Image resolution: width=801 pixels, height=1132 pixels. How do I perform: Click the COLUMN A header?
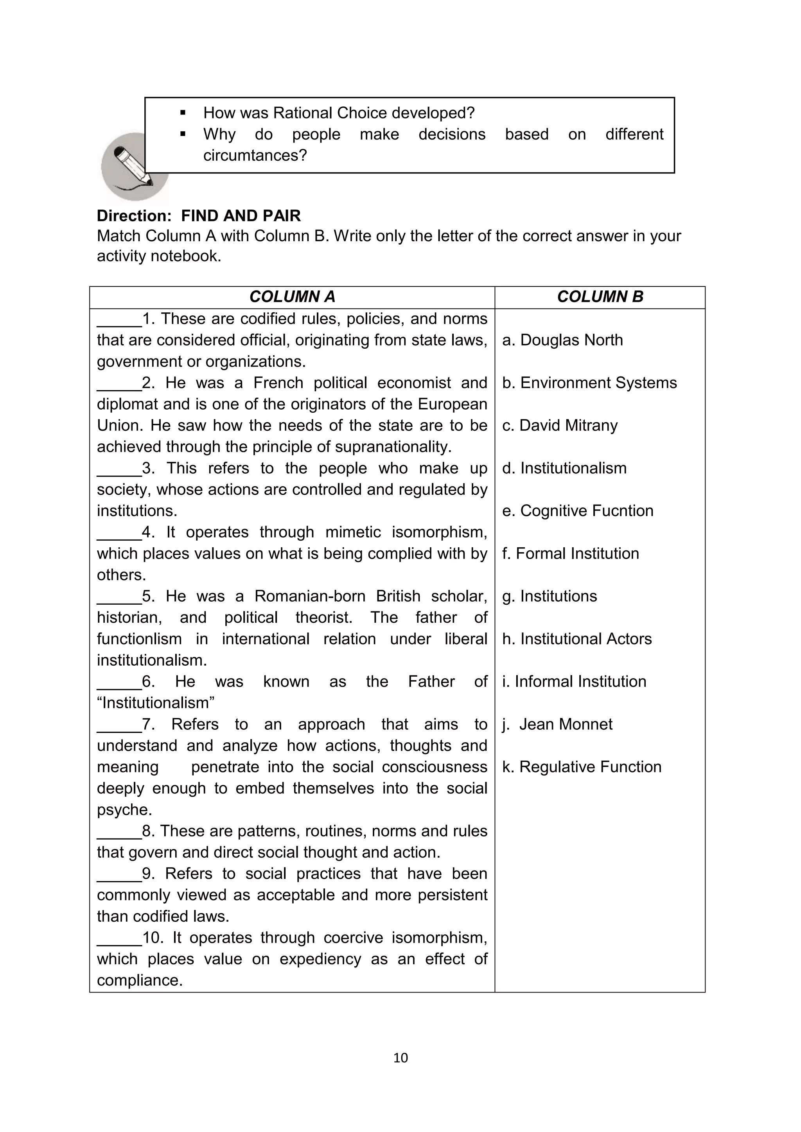(292, 297)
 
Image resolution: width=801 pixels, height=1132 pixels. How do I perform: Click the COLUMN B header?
(600, 297)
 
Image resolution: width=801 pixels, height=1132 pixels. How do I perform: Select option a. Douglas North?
(562, 340)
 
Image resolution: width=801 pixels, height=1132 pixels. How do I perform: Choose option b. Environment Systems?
(589, 383)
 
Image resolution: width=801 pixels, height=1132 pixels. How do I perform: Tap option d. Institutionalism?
(564, 468)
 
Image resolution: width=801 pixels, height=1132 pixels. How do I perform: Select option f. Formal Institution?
(570, 553)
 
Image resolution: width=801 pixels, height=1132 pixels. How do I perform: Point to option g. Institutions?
(550, 596)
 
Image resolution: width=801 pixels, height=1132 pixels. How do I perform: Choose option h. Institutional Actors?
(577, 639)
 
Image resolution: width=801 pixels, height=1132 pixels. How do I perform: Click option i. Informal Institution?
(574, 682)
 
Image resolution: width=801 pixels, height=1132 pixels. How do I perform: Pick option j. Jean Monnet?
(557, 724)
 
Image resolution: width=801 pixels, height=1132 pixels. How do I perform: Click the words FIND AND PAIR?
(241, 216)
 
